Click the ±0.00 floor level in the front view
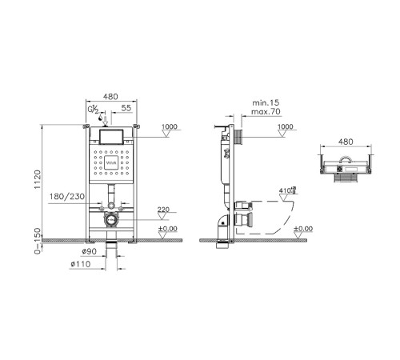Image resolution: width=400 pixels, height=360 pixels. (x=168, y=230)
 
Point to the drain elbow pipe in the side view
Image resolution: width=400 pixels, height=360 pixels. (x=221, y=223)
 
